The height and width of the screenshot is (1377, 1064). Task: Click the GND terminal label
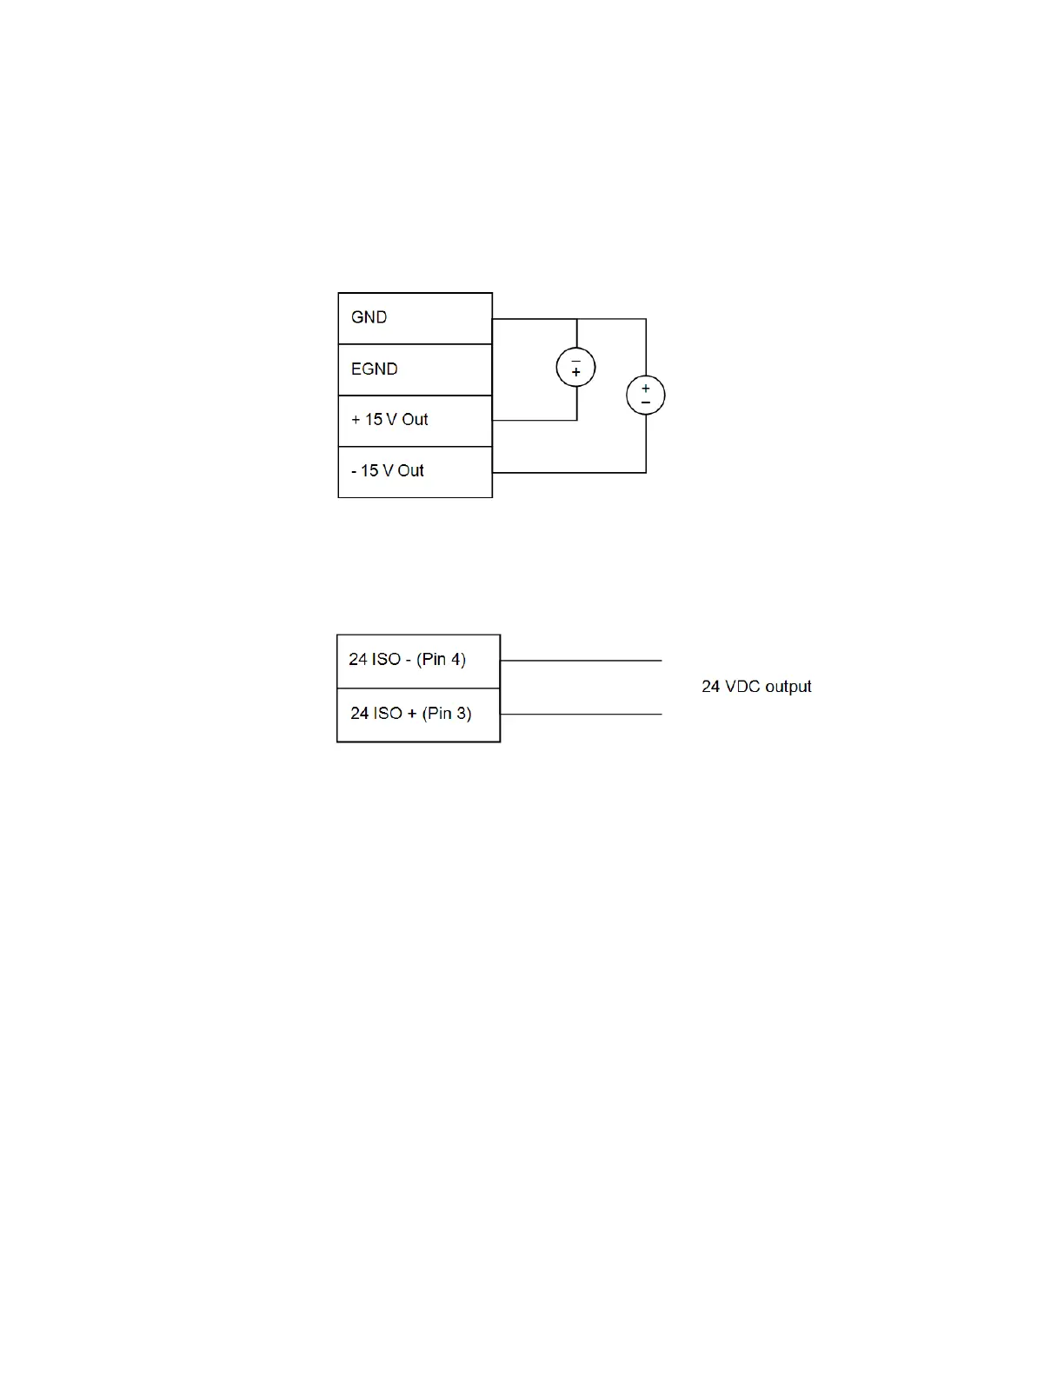pos(369,317)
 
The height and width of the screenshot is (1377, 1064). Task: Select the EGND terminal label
pos(374,369)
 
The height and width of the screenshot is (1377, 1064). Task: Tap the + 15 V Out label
pos(389,420)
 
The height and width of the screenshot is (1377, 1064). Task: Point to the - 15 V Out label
pos(387,471)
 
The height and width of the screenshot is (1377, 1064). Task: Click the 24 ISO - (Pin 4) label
pos(407,660)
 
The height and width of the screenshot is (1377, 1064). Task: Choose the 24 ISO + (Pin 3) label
pos(410,714)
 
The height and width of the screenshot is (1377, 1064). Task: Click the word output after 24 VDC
pos(788,687)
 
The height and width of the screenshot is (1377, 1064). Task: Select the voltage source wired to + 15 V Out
pos(575,367)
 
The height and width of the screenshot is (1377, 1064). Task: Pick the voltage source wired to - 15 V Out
pos(646,396)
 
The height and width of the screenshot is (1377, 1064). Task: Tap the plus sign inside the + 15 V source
pos(575,373)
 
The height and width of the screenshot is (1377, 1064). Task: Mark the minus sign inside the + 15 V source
pos(575,360)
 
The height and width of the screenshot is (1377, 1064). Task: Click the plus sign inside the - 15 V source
pos(646,389)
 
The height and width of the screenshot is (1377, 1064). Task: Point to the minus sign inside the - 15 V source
pos(646,402)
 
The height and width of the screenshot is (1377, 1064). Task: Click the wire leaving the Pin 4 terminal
pos(581,661)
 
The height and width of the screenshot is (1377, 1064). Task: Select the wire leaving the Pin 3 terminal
pos(581,715)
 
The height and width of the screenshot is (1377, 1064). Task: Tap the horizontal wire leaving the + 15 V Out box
pos(534,421)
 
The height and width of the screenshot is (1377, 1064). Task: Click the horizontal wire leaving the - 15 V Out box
pos(569,473)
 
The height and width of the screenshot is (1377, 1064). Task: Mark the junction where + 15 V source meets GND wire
pos(577,319)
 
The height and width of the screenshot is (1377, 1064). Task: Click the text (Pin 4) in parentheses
pos(441,660)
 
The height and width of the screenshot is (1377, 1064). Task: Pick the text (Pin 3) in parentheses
pos(447,714)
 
